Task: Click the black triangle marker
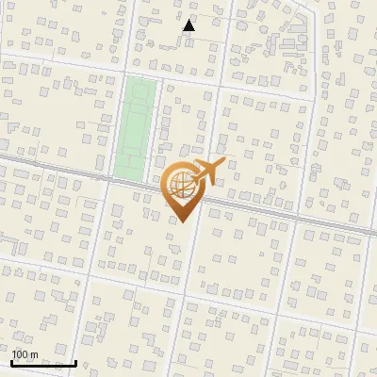coord(189,25)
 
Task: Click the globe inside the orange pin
coord(181,185)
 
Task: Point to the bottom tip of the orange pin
coord(182,222)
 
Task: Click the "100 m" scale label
coord(25,354)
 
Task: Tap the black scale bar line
coord(43,363)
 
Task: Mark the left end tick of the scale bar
coord(12,360)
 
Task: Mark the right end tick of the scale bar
coord(75,360)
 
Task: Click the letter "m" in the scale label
coord(33,354)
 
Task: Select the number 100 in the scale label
coord(20,354)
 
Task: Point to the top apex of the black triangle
coord(189,20)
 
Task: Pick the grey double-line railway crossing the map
coord(283,214)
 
